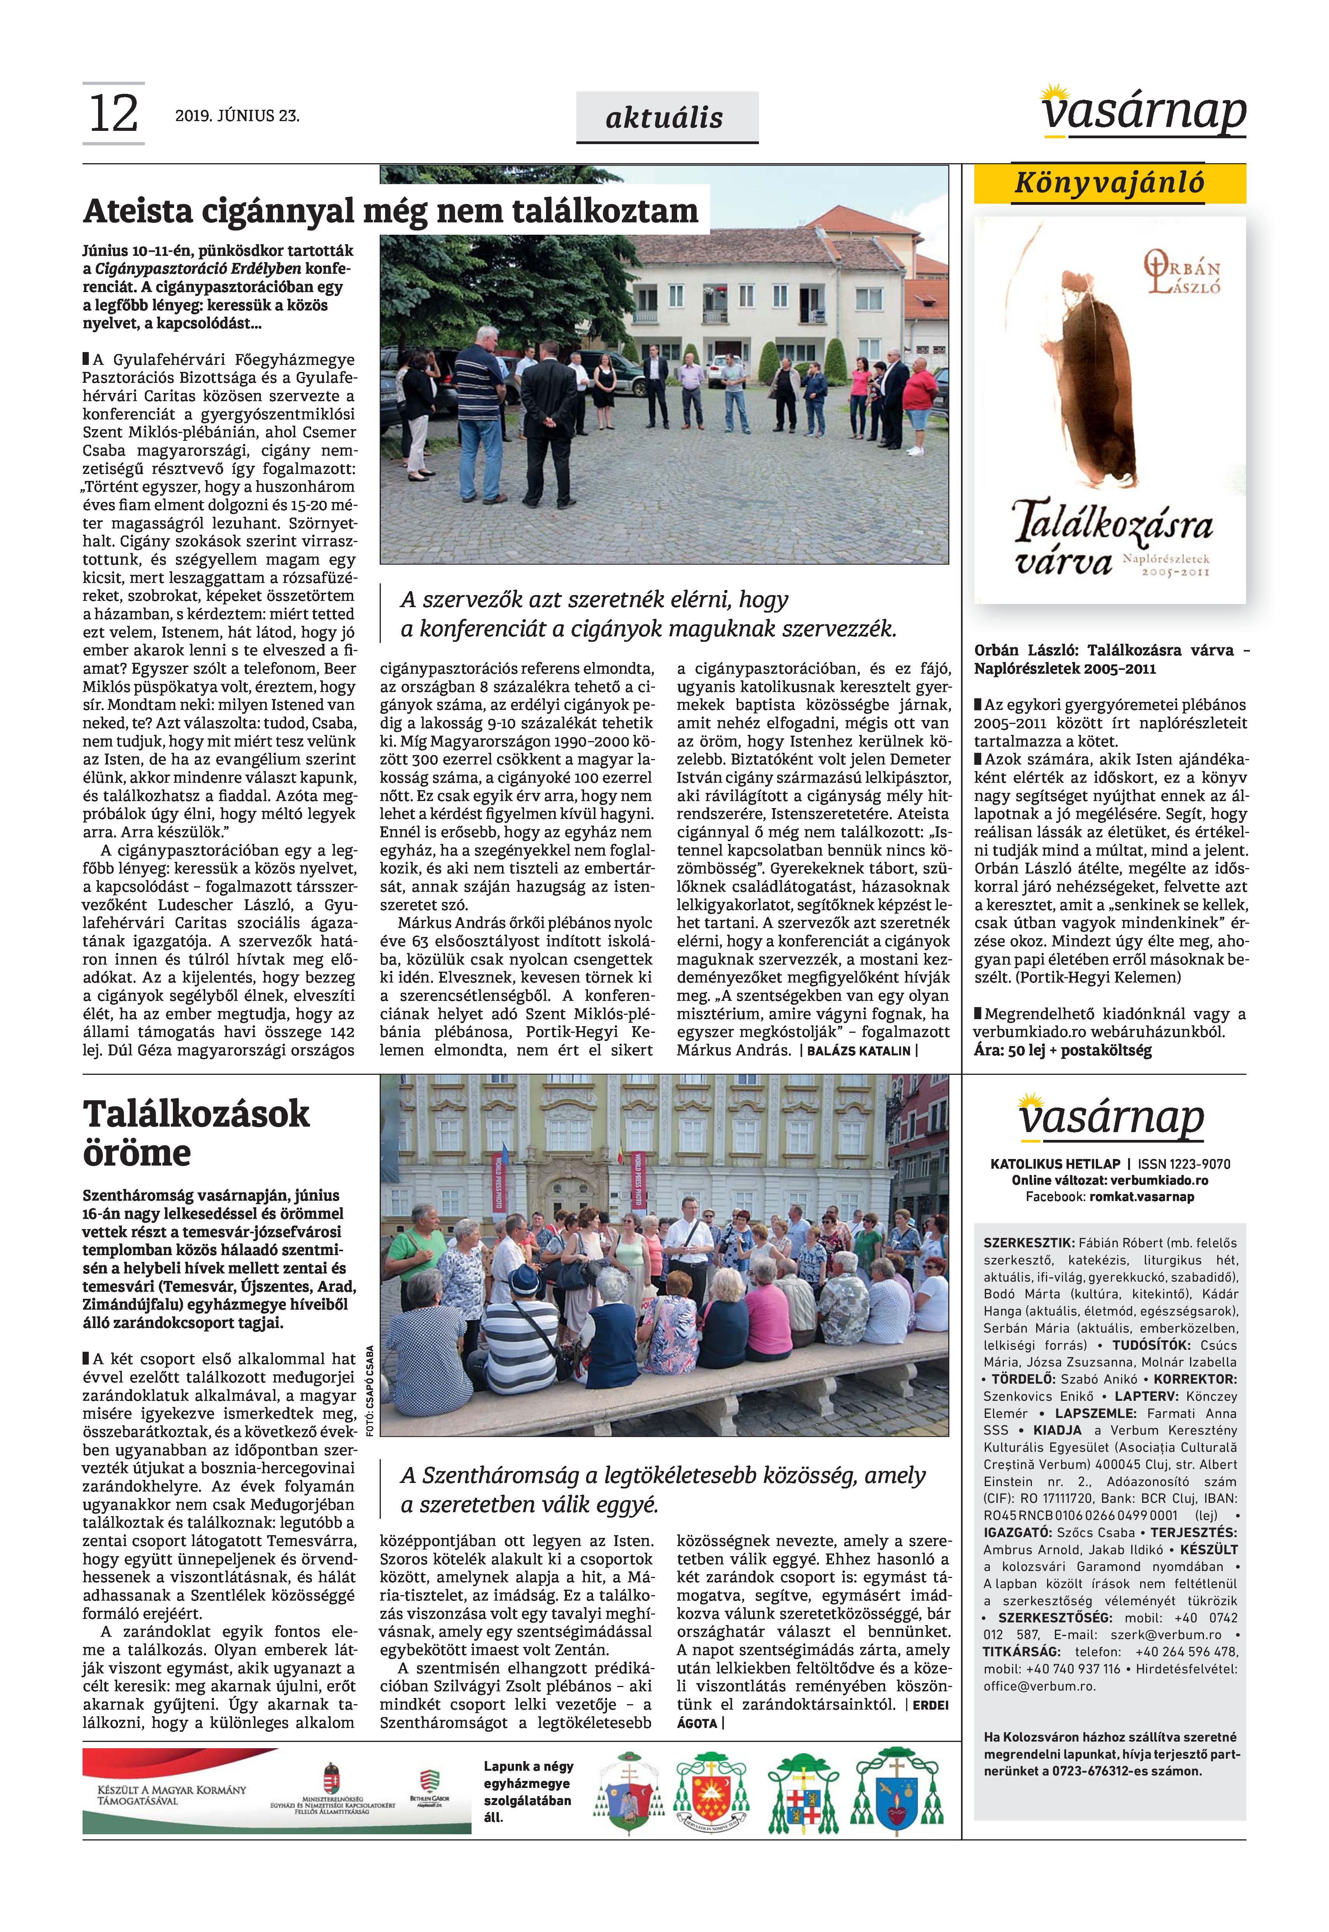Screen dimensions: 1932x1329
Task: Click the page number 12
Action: [113, 114]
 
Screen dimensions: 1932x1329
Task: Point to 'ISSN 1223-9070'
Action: [1184, 1164]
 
